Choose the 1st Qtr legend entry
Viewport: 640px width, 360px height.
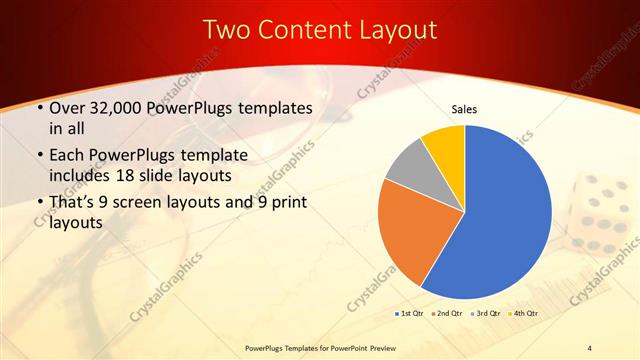pos(408,314)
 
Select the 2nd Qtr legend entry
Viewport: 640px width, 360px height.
pos(446,314)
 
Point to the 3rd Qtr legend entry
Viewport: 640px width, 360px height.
pos(484,314)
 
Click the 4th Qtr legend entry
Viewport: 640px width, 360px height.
pos(522,314)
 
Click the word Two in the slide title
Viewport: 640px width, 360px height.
pos(226,30)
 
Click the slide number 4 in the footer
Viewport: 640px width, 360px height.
pos(590,348)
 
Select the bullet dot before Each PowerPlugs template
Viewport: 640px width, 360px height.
pos(38,156)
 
